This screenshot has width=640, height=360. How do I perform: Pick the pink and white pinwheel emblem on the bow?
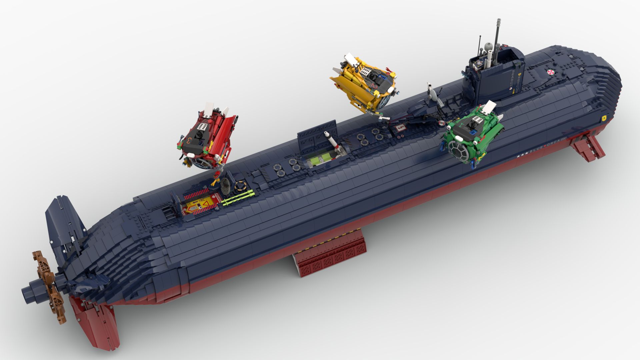[x=550, y=72]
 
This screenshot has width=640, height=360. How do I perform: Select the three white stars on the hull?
[x=522, y=154]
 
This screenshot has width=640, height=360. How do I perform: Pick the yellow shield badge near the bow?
[x=604, y=117]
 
